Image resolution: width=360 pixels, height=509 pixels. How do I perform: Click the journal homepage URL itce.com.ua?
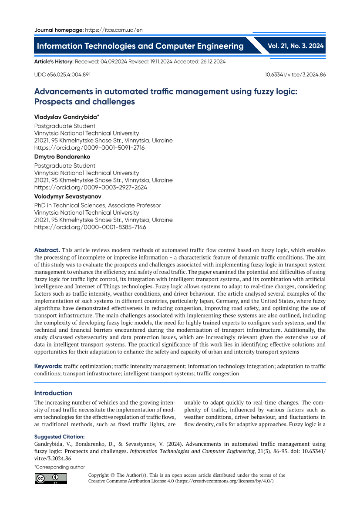pyautogui.click(x=114, y=30)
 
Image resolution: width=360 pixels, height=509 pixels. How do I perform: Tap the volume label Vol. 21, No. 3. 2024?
pyautogui.click(x=296, y=46)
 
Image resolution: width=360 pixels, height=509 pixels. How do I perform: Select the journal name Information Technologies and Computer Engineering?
pyautogui.click(x=140, y=46)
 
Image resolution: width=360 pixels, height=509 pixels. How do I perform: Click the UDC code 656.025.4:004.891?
pyautogui.click(x=62, y=74)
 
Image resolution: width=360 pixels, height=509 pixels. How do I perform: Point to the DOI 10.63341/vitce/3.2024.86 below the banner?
pyautogui.click(x=295, y=74)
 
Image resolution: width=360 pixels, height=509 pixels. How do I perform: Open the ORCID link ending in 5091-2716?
pyautogui.click(x=89, y=148)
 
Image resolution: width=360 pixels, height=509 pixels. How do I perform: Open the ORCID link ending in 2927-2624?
pyautogui.click(x=91, y=187)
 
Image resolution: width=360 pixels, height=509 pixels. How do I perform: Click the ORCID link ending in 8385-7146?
pyautogui.click(x=90, y=227)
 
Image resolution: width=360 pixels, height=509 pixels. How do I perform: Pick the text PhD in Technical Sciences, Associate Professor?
pyautogui.click(x=98, y=205)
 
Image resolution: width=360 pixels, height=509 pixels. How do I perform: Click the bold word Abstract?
pyautogui.click(x=47, y=250)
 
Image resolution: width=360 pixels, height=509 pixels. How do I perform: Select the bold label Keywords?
pyautogui.click(x=48, y=367)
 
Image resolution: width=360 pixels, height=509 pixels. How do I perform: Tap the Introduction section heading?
pyautogui.click(x=53, y=393)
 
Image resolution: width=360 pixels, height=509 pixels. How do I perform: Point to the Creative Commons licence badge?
pyautogui.click(x=51, y=479)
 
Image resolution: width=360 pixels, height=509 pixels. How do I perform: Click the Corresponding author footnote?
pyautogui.click(x=59, y=467)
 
